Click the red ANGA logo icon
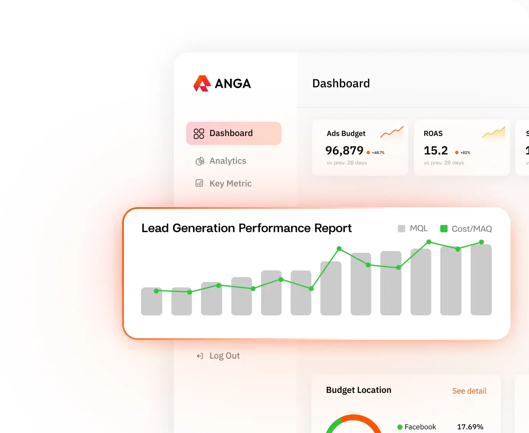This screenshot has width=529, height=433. tap(202, 83)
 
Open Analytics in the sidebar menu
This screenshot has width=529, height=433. tap(227, 161)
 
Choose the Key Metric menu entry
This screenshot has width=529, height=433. tap(230, 183)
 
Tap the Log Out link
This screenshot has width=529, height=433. tap(224, 356)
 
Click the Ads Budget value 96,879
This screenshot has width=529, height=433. tap(344, 150)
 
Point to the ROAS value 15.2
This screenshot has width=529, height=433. tap(436, 150)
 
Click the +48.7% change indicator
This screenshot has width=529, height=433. tap(378, 153)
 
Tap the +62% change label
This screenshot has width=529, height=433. tap(465, 153)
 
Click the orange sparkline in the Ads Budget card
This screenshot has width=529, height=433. tap(392, 132)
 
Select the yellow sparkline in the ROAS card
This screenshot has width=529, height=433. tap(494, 133)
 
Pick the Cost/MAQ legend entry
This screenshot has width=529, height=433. tap(466, 229)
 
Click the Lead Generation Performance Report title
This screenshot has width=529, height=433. tap(246, 228)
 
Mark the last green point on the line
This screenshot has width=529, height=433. tap(481, 242)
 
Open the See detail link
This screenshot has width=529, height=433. tap(469, 391)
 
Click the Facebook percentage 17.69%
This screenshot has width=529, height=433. tap(470, 427)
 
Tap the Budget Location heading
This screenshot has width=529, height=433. tap(358, 390)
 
